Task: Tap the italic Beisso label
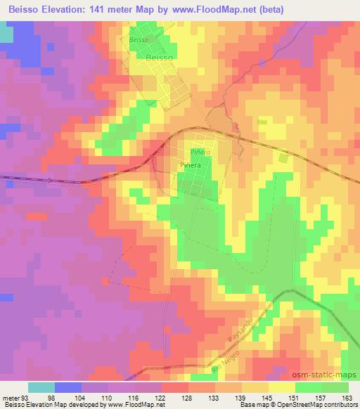click(138, 40)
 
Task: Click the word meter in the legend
click(10, 397)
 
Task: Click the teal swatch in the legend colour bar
click(41, 387)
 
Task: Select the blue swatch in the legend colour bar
click(68, 387)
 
